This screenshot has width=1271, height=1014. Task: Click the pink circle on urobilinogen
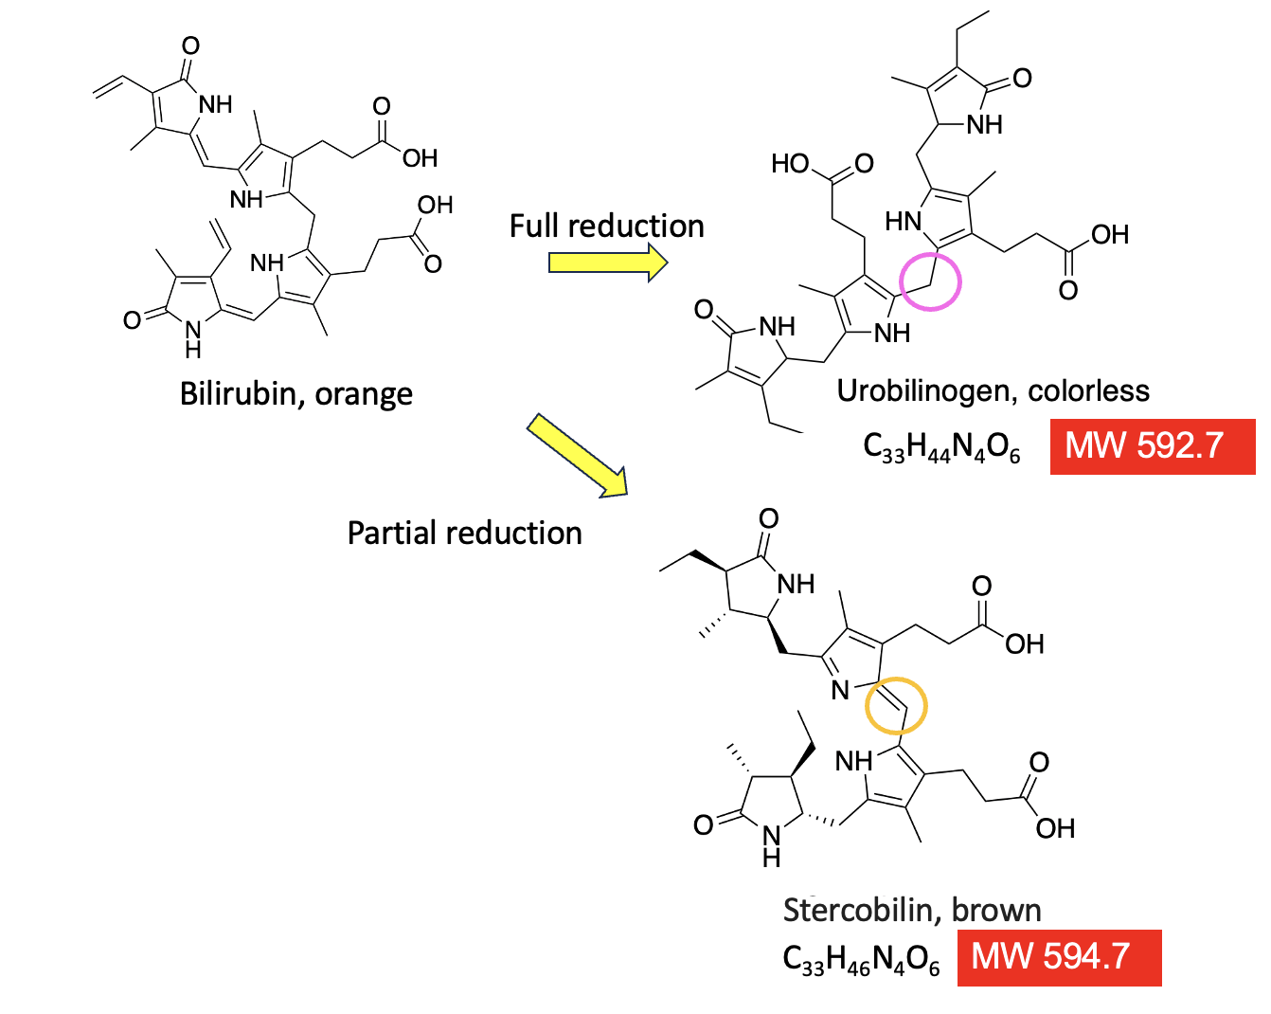930,281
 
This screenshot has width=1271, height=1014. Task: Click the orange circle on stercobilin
896,706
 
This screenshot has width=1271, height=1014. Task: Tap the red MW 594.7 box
1058,957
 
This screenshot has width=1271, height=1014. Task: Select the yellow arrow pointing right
607,262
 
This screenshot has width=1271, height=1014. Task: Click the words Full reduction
606,226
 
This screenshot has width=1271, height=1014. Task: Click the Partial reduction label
464,533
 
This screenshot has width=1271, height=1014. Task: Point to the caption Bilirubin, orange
295,393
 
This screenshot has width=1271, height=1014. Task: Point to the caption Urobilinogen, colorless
993,390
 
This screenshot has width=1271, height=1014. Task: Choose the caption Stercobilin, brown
911,910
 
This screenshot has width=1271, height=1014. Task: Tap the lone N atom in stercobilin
839,691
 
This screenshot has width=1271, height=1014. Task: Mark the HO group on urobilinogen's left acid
789,164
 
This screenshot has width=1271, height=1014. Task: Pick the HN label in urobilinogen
904,223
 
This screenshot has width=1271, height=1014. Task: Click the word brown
996,910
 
